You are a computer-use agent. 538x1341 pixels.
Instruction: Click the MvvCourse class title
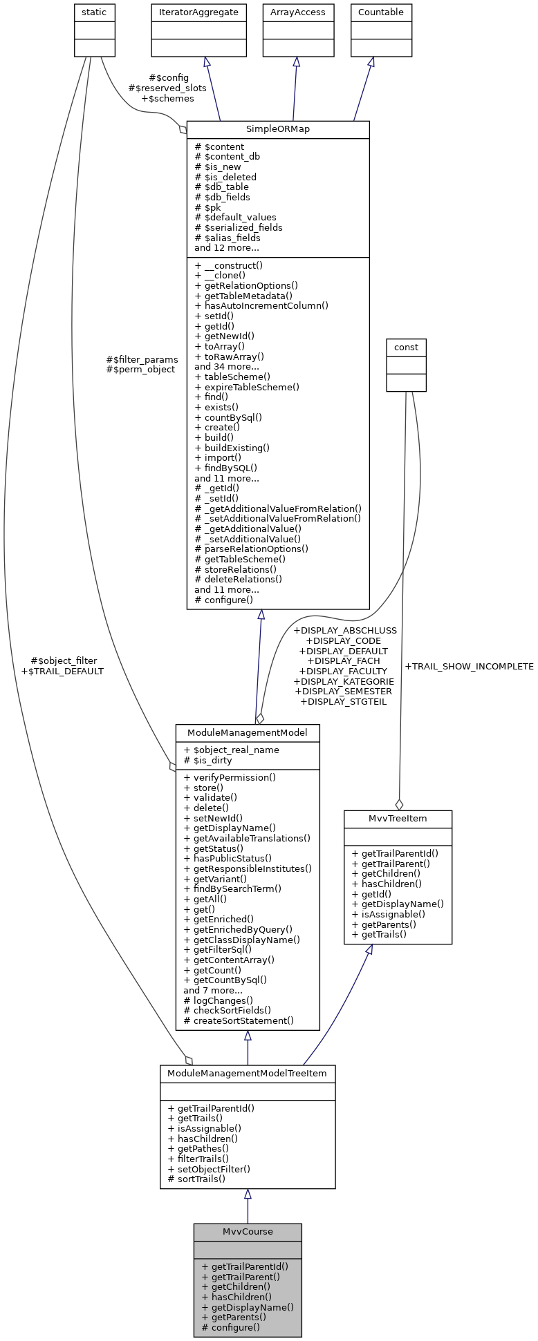248,1231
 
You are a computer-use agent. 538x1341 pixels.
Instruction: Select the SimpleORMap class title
278,129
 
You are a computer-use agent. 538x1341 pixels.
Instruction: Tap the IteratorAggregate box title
199,12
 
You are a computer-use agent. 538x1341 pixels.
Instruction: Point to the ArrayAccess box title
298,12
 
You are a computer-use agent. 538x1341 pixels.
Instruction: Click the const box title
406,347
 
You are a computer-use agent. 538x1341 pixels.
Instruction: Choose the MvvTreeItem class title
398,819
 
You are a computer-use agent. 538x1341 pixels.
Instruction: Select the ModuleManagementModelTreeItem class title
248,1073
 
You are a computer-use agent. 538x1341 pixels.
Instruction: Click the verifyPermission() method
230,777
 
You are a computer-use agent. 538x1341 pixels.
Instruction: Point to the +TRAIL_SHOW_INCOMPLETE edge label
469,667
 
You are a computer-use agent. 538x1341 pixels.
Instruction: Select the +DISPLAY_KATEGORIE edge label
344,681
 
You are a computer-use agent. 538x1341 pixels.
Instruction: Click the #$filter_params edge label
142,359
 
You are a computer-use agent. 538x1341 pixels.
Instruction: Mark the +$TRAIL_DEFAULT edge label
62,671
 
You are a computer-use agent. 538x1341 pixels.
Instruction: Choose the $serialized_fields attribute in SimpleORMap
239,227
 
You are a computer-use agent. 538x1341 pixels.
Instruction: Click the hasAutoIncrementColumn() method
261,305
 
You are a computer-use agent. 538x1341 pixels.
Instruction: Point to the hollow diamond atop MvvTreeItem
399,804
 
